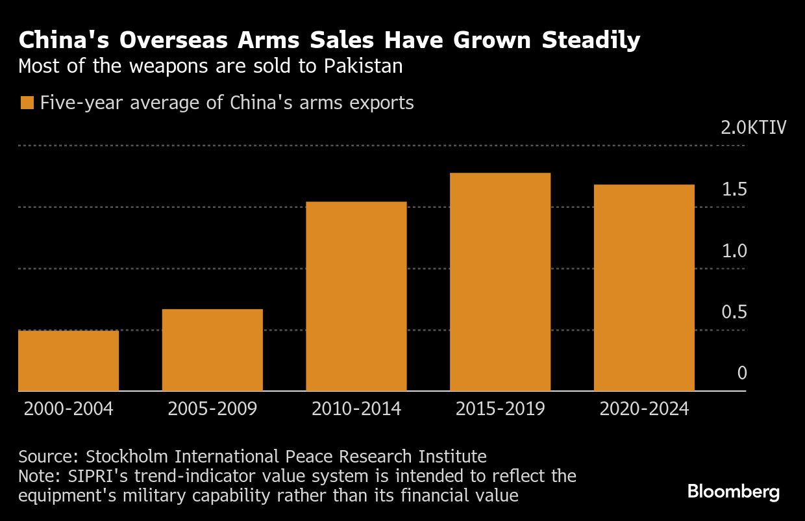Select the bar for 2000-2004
68,361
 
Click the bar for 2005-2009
212,350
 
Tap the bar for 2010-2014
356,296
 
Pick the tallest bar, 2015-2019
500,282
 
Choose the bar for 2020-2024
644,288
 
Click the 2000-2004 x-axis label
68,409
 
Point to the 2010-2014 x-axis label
356,409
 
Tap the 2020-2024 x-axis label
644,409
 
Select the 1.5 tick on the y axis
734,189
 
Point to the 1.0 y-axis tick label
734,251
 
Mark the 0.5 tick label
734,312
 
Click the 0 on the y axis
742,374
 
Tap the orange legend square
27,103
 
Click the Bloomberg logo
734,492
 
